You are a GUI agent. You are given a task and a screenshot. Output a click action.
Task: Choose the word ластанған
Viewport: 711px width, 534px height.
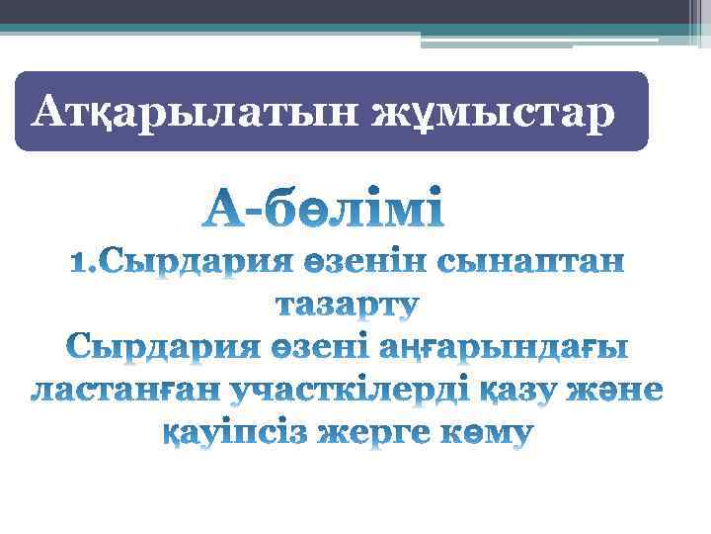click(124, 391)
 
